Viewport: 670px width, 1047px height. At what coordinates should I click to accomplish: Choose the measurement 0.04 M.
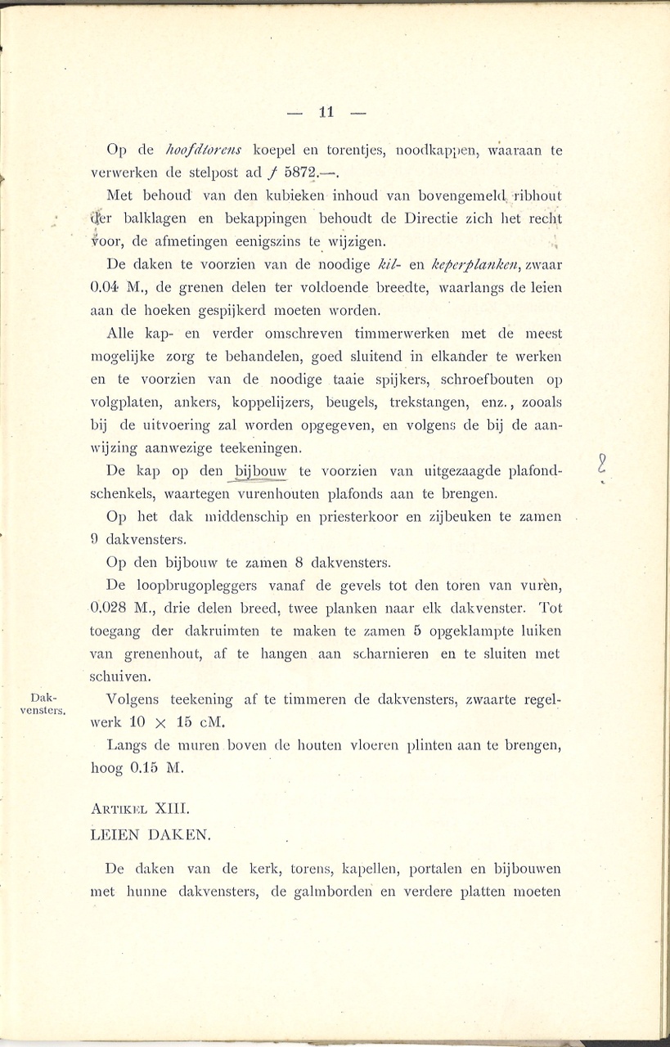pos(121,288)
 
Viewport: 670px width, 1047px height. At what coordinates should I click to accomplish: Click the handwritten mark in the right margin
pos(601,465)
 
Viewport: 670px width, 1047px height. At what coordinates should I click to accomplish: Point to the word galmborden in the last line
pos(332,892)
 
